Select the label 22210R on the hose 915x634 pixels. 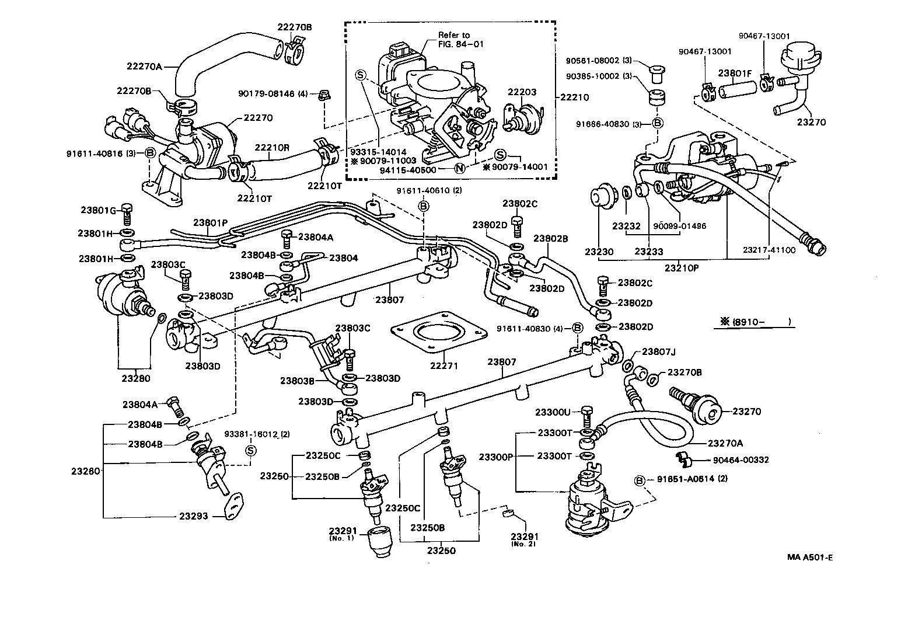pos(271,147)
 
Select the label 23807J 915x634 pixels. pos(658,352)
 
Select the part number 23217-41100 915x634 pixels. pos(769,250)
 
